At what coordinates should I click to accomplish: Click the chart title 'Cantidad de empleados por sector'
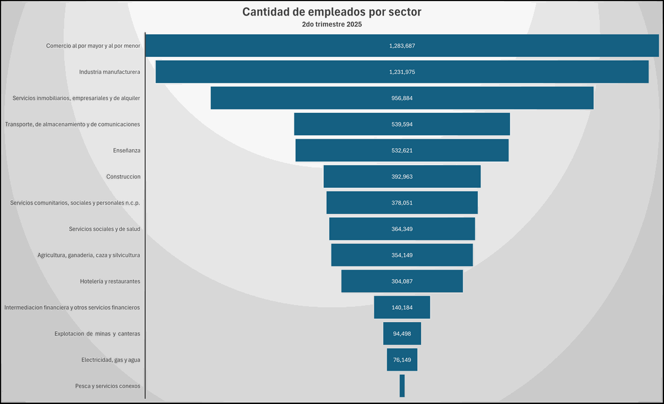pyautogui.click(x=332, y=12)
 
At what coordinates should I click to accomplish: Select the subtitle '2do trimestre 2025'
pyautogui.click(x=332, y=25)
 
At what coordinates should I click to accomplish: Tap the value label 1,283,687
pyautogui.click(x=402, y=46)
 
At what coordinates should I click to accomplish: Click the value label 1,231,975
pyautogui.click(x=402, y=72)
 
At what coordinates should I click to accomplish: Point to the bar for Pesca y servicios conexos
pyautogui.click(x=402, y=386)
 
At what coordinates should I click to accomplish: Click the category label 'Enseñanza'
pyautogui.click(x=127, y=150)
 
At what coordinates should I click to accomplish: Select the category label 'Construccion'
pyautogui.click(x=123, y=177)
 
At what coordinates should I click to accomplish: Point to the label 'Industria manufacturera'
pyautogui.click(x=110, y=72)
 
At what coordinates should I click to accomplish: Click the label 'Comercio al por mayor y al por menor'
pyautogui.click(x=93, y=46)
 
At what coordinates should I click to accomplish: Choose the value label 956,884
pyautogui.click(x=402, y=98)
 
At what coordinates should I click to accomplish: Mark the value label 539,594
pyautogui.click(x=402, y=124)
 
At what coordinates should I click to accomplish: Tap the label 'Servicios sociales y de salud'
pyautogui.click(x=105, y=229)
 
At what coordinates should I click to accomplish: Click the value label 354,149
pyautogui.click(x=402, y=255)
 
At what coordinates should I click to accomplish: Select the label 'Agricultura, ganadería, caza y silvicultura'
pyautogui.click(x=89, y=255)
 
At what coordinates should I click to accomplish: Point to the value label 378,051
pyautogui.click(x=402, y=203)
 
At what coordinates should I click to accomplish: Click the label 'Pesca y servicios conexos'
pyautogui.click(x=107, y=386)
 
